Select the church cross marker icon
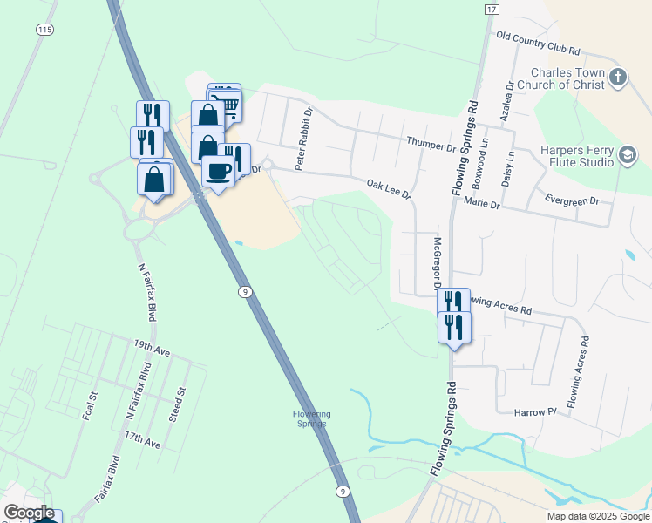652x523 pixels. coord(617,78)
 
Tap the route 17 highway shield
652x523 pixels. coord(492,9)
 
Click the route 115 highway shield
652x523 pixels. coord(44,30)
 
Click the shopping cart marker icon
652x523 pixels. coord(229,105)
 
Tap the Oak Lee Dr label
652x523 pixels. coord(388,187)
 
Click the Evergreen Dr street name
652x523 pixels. coord(572,200)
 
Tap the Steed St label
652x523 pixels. coord(180,403)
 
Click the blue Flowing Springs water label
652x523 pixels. coord(310,418)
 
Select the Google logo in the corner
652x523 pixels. coord(29,513)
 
